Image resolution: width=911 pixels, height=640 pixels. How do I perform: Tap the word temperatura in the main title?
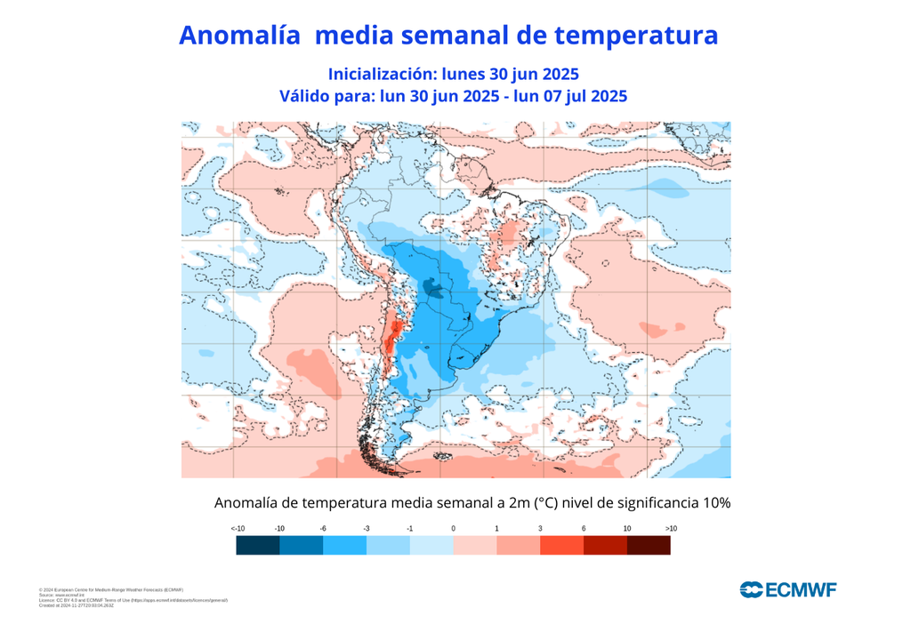point(635,36)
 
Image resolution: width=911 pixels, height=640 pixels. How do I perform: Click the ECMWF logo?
point(787,588)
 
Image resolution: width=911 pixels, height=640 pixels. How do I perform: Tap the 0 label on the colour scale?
point(453,529)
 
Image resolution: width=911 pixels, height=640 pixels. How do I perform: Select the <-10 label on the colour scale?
point(238,529)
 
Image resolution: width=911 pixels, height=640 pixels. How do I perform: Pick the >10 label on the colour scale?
point(671,529)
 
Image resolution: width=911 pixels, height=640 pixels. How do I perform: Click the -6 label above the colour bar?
point(323,529)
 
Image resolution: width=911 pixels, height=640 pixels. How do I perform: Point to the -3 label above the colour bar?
point(367,529)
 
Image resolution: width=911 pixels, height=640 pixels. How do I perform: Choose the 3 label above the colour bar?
point(540,529)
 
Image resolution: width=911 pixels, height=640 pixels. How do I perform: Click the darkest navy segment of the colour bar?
point(258,546)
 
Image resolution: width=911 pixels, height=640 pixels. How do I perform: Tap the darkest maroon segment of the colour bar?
point(649,546)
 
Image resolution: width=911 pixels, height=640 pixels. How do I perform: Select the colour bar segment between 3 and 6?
point(561,546)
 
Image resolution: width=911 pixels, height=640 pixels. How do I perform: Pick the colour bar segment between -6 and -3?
point(344,546)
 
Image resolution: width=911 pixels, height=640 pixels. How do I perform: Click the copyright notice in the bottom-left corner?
point(111,590)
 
